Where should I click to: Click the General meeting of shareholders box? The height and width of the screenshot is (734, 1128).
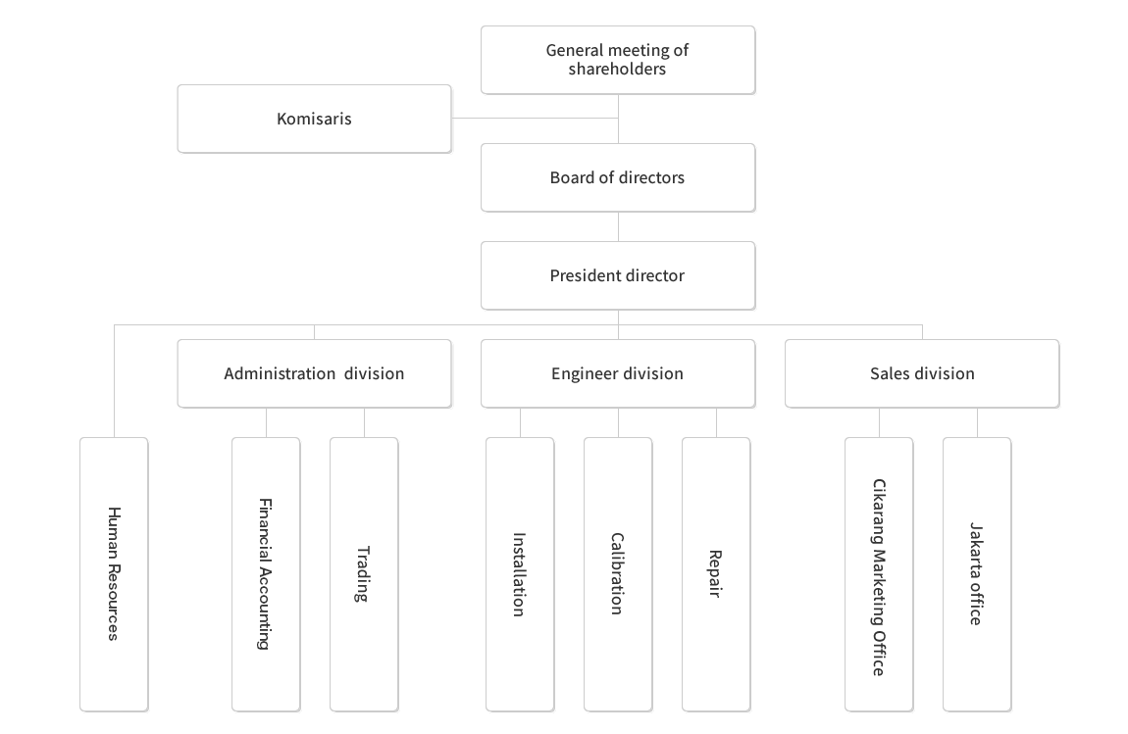point(617,60)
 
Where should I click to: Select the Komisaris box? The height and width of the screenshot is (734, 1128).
point(315,119)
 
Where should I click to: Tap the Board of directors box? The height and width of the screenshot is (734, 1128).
point(617,177)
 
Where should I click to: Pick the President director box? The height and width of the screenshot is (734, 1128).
point(617,275)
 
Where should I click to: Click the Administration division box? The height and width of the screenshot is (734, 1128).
point(315,373)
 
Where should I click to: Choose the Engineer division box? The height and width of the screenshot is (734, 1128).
point(617,373)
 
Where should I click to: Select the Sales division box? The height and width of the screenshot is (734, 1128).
point(922,373)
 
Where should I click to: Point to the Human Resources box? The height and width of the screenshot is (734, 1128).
point(114,574)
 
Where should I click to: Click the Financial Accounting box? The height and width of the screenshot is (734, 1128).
point(266,574)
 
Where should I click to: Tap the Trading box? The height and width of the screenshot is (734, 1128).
point(364,574)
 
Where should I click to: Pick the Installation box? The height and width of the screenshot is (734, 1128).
point(520,574)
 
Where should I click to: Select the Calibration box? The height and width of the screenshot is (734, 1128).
point(618,574)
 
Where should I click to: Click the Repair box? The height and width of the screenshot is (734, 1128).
point(716,574)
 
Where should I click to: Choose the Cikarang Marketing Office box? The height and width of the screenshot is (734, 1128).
point(879,574)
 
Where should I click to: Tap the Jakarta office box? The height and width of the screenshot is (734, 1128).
point(977,574)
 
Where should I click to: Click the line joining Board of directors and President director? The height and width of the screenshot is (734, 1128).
point(618,226)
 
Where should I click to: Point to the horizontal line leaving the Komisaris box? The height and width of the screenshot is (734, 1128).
point(535,118)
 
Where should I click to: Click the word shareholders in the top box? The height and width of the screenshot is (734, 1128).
point(617,69)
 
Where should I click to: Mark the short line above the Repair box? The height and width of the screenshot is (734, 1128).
point(716,422)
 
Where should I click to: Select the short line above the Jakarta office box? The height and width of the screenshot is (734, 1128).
point(977,422)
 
